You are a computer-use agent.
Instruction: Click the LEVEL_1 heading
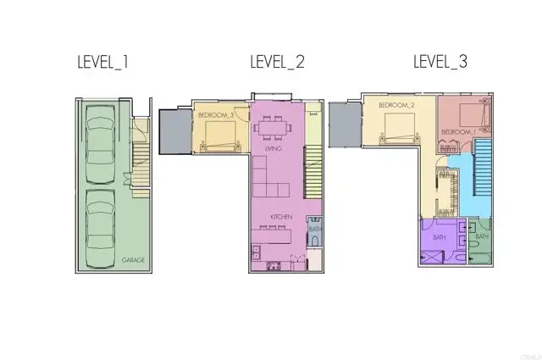(103, 63)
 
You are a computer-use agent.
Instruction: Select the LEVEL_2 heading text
(278, 63)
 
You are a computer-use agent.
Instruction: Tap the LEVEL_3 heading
(440, 63)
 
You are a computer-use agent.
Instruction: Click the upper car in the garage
(102, 140)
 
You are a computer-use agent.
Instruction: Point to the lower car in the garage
(102, 216)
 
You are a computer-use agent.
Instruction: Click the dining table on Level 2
(273, 130)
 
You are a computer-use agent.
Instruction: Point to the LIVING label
(273, 148)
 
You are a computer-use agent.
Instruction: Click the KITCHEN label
(281, 217)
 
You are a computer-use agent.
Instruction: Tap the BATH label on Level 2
(314, 230)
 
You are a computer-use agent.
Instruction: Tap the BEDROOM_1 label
(457, 132)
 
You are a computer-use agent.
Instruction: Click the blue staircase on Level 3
(483, 174)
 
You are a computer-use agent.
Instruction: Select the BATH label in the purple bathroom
(439, 237)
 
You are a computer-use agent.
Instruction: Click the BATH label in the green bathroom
(481, 236)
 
